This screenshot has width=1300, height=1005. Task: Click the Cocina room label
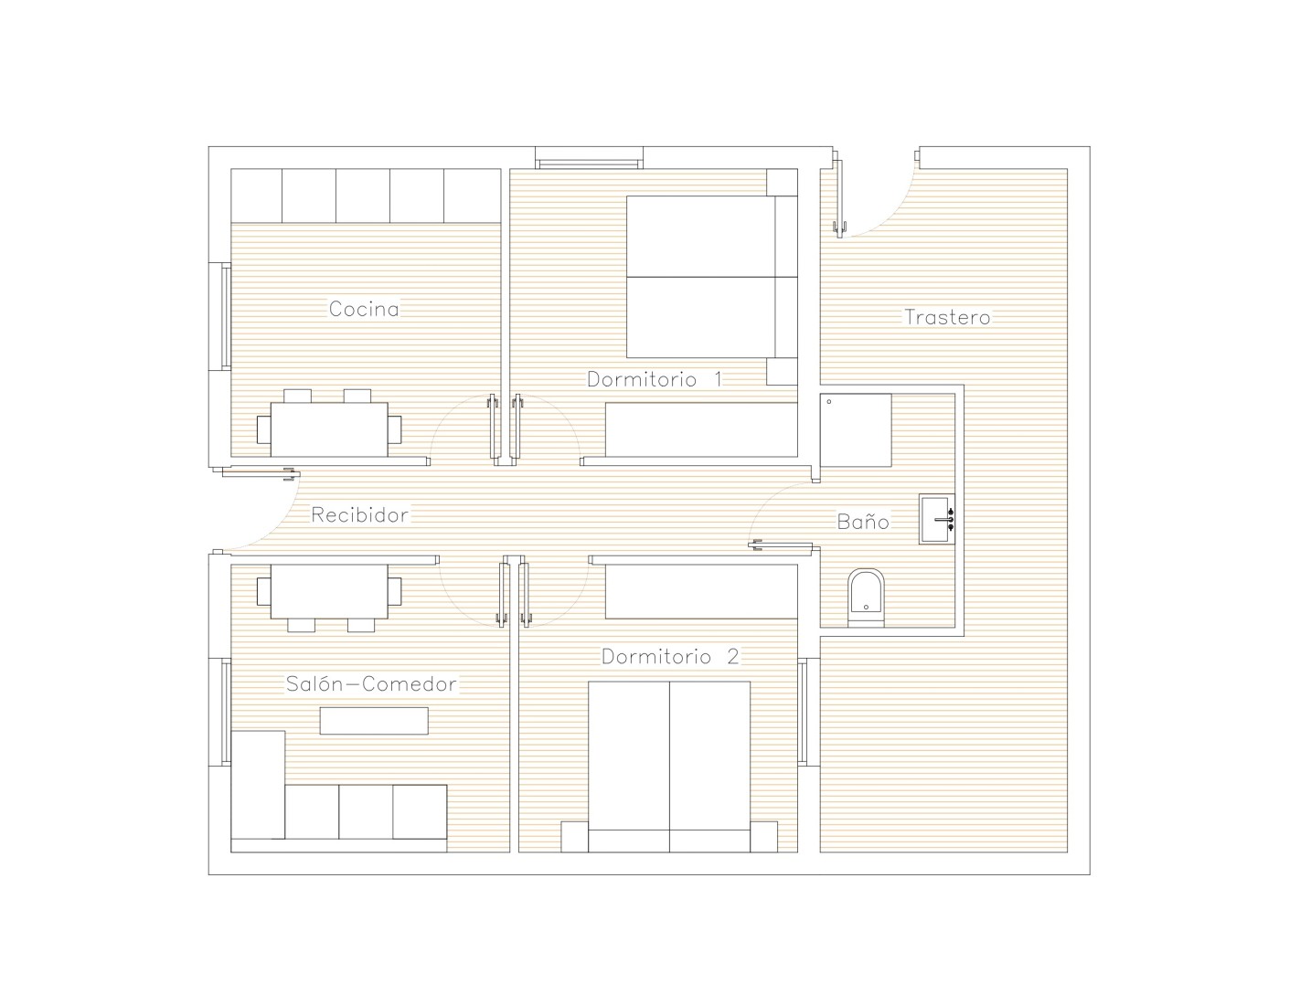pyautogui.click(x=364, y=309)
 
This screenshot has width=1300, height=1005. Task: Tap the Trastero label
pyautogui.click(x=947, y=317)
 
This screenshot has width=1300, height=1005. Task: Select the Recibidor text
pyautogui.click(x=359, y=514)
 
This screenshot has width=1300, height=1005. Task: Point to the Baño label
pyautogui.click(x=863, y=522)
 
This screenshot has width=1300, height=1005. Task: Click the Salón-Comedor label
pyautogui.click(x=371, y=684)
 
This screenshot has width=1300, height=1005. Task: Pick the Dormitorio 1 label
pyautogui.click(x=655, y=379)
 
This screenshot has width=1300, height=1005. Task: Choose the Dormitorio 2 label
pyautogui.click(x=670, y=657)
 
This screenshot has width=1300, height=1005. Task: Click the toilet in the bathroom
pyautogui.click(x=866, y=598)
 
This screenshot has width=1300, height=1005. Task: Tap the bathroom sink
pyautogui.click(x=937, y=519)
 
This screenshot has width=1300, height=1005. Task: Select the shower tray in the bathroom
pyautogui.click(x=856, y=429)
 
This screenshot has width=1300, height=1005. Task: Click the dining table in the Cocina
pyautogui.click(x=329, y=429)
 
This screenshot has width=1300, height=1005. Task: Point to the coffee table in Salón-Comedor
pyautogui.click(x=374, y=721)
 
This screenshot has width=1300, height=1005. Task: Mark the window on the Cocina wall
pyautogui.click(x=226, y=316)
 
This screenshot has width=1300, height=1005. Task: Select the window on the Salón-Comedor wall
pyautogui.click(x=226, y=712)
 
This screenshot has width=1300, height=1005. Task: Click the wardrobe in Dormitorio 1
pyautogui.click(x=702, y=429)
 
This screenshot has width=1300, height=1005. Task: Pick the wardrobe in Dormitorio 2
pyautogui.click(x=702, y=591)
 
